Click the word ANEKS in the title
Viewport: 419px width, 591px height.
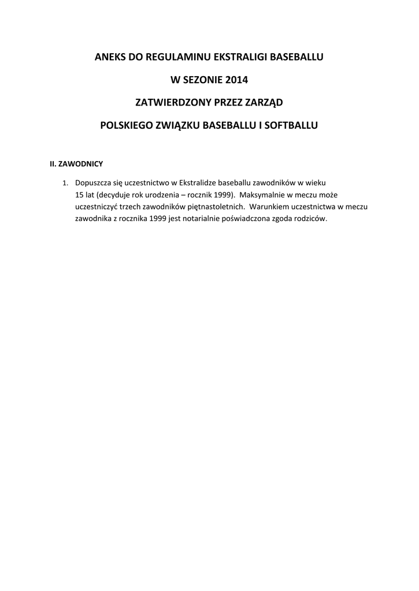(109, 57)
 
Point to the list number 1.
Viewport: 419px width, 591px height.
(65, 184)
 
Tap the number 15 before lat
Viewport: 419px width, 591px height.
(80, 195)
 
